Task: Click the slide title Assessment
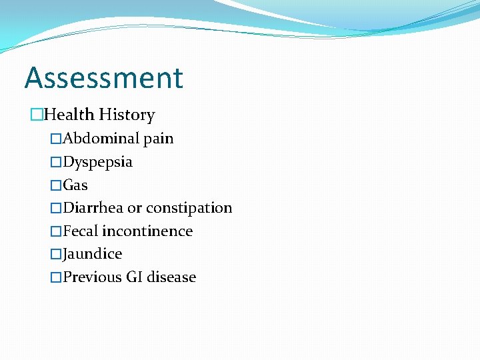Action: pos(103,78)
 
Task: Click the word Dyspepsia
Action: pos(97,163)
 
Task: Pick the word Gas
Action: pos(75,185)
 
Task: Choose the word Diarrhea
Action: pos(93,208)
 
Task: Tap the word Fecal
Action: pos(81,231)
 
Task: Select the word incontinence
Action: pos(147,231)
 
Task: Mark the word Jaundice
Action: pos(93,254)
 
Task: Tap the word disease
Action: pos(171,277)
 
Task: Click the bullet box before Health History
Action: pos(36,115)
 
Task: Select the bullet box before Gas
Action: pos(56,185)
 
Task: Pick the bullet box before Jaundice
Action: pos(56,254)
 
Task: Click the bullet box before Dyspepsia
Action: pos(56,162)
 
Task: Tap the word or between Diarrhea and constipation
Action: pos(135,209)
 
